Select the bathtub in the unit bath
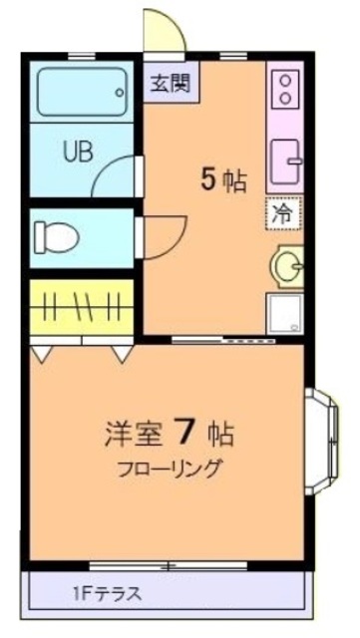[x=79, y=92]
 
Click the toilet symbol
[x=56, y=236]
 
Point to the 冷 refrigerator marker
[x=282, y=212]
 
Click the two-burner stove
[x=285, y=88]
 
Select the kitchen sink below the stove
[x=286, y=159]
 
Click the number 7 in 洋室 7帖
[x=184, y=432]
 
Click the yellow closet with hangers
[x=80, y=308]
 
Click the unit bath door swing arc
[x=119, y=178]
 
